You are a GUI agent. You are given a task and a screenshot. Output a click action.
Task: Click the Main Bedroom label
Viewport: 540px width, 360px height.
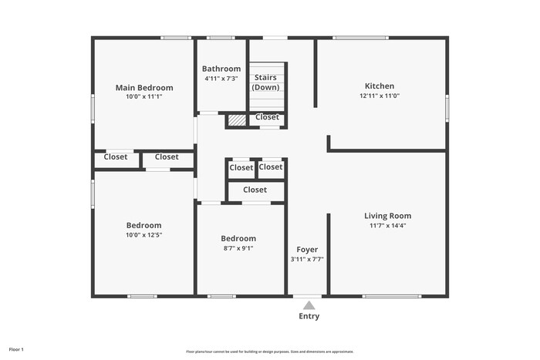(x=144, y=88)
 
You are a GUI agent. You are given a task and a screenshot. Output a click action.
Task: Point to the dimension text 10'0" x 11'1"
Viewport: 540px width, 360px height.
(x=144, y=97)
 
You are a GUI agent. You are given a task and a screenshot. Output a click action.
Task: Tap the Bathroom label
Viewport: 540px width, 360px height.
(x=221, y=69)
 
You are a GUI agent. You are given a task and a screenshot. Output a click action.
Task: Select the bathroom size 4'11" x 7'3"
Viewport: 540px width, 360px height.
(x=221, y=78)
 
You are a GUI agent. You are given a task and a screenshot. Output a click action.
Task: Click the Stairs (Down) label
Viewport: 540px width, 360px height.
(x=266, y=82)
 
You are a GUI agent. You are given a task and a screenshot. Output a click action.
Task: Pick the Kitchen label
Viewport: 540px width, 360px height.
(x=380, y=86)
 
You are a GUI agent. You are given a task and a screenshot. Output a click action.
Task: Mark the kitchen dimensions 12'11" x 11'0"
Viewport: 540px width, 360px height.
(x=380, y=96)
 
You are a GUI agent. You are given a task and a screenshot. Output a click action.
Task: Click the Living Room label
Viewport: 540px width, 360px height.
(x=388, y=216)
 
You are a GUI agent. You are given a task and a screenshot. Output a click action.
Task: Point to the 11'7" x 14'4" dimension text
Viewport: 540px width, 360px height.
(x=388, y=226)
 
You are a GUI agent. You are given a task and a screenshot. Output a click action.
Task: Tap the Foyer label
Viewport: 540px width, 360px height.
(x=307, y=250)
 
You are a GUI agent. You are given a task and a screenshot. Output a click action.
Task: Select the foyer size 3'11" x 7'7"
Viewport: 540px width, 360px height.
(x=307, y=260)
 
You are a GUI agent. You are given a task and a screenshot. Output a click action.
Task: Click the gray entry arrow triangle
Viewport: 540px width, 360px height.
(x=309, y=305)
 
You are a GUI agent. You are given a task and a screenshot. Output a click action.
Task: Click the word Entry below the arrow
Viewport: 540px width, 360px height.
(x=309, y=316)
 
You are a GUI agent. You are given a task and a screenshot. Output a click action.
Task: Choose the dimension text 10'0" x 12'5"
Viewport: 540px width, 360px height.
(x=144, y=235)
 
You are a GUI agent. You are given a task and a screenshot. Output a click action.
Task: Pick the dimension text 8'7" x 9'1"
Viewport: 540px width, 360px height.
(x=238, y=248)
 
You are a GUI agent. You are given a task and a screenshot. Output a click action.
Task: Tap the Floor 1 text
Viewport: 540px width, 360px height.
(x=16, y=350)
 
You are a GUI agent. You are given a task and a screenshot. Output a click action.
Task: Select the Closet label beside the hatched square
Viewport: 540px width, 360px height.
(x=267, y=117)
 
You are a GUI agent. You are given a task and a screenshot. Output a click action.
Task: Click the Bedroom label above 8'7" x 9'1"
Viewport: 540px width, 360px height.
(x=238, y=238)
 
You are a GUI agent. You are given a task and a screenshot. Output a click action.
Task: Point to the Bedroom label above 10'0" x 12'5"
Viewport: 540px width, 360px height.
(x=144, y=225)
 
